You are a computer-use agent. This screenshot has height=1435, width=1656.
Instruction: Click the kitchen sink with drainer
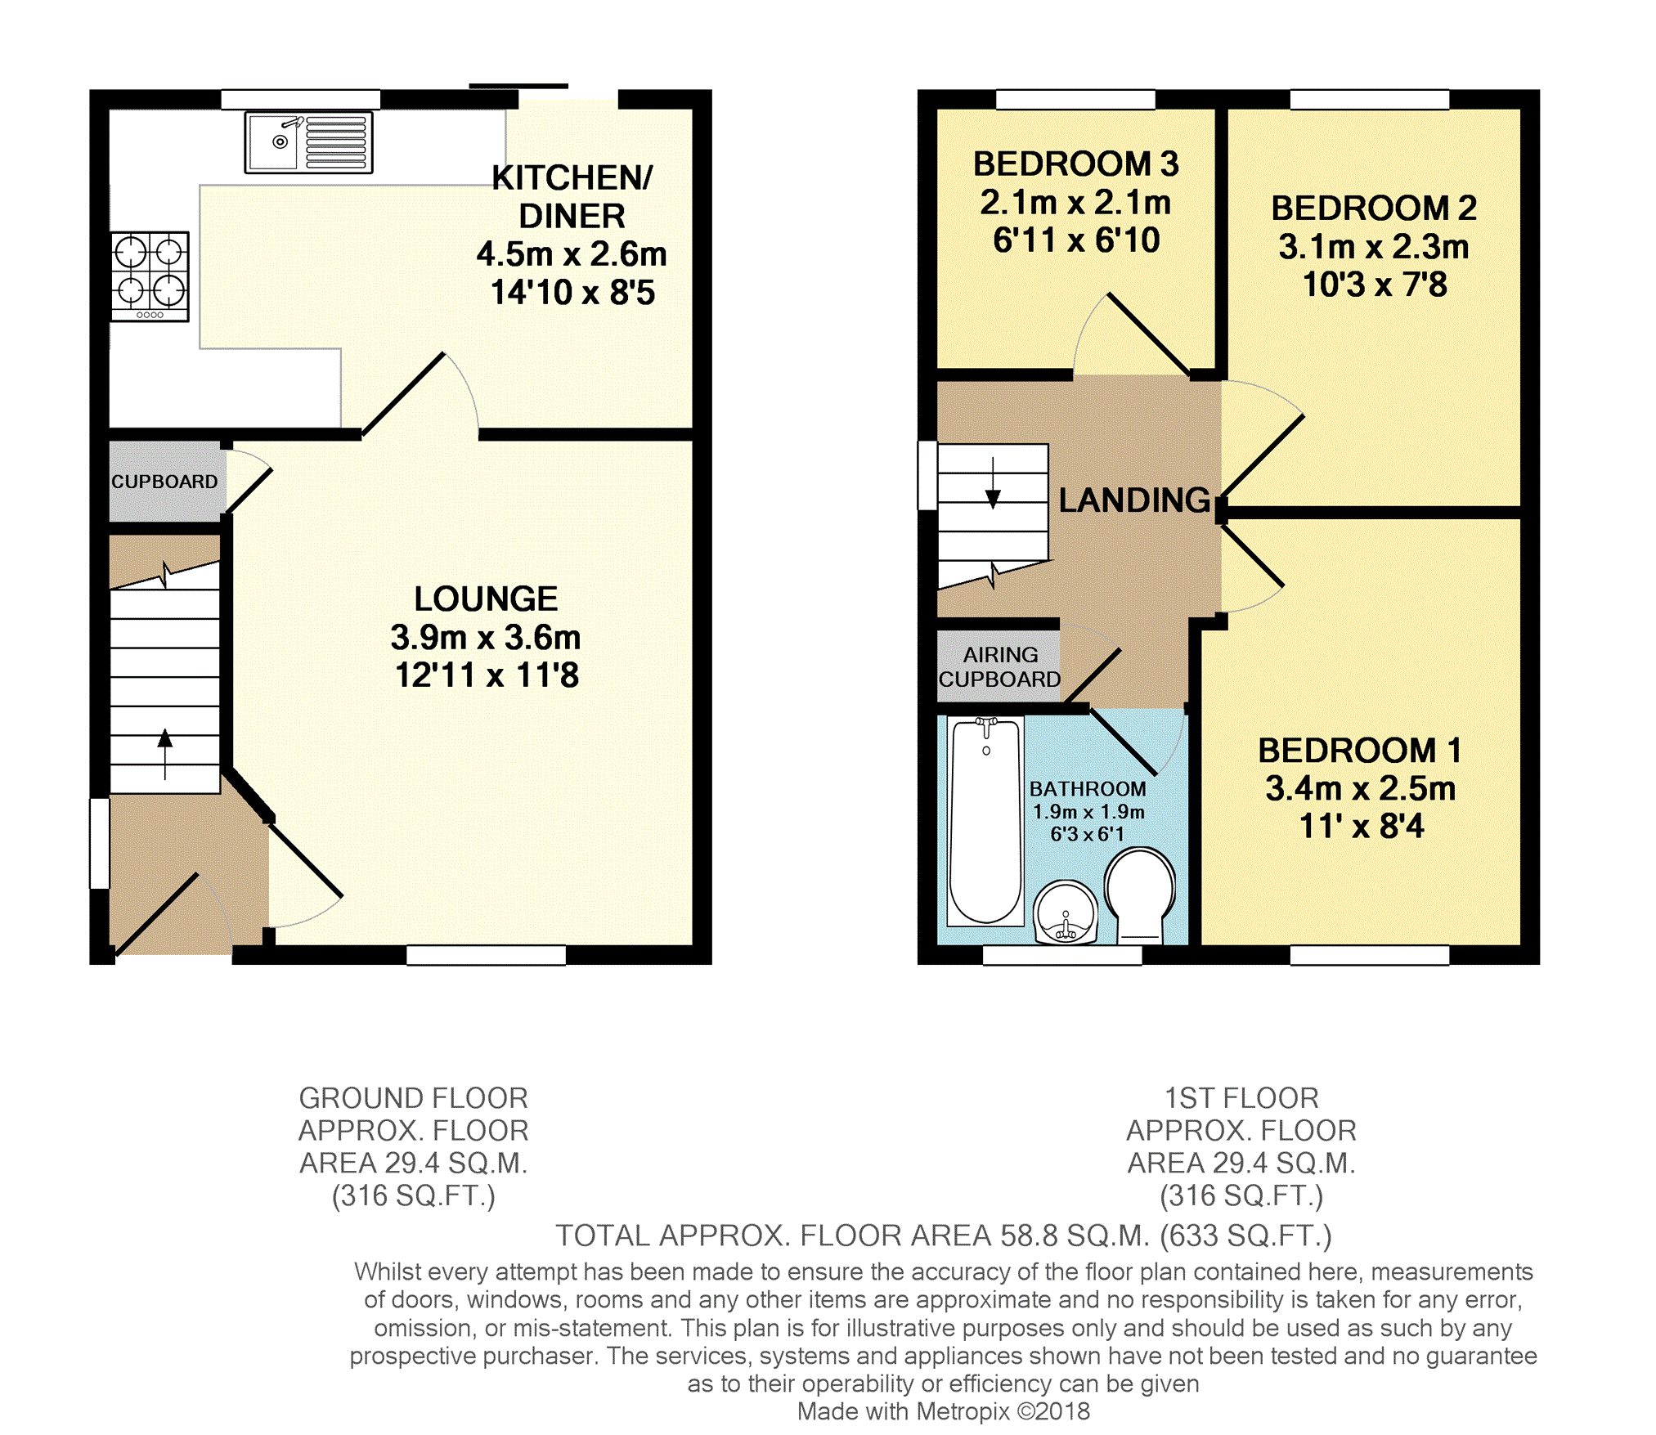(308, 142)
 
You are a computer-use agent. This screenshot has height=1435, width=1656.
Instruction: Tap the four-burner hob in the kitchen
(150, 276)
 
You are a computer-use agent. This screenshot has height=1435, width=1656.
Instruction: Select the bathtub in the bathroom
(985, 821)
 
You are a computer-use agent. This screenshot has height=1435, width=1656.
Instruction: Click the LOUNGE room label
(486, 599)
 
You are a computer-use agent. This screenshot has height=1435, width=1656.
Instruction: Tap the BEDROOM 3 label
(1075, 164)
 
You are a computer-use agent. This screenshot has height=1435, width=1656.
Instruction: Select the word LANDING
(1134, 500)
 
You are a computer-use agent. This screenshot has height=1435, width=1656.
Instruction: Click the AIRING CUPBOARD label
(999, 666)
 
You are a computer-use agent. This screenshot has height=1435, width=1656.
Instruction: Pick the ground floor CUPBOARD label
(164, 482)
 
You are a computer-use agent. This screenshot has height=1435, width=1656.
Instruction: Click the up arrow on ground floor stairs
(165, 753)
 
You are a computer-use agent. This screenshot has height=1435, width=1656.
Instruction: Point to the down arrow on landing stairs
(993, 482)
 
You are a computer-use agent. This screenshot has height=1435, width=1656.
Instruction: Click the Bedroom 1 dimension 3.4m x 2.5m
(1361, 788)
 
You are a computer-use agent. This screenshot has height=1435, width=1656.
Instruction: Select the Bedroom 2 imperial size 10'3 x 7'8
(1375, 285)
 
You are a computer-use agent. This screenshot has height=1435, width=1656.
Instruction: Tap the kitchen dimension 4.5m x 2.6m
(572, 254)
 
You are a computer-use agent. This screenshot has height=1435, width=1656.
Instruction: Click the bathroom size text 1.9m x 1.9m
(1088, 812)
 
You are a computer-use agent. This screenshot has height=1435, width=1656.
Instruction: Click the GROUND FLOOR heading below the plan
(413, 1097)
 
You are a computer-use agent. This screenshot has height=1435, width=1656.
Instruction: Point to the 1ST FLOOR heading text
(1241, 1097)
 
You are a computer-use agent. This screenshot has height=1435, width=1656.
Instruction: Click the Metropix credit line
(944, 1411)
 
